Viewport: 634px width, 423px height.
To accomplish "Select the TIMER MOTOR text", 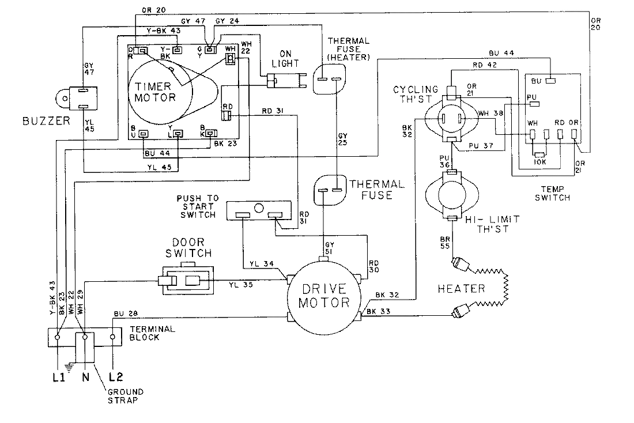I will tap(154, 90).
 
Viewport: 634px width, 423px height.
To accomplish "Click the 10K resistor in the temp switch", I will tap(540, 155).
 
